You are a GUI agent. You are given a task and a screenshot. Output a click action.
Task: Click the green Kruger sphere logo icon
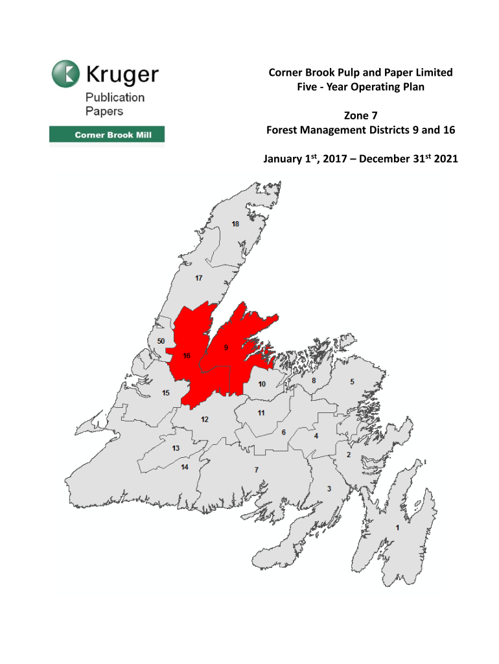(65, 73)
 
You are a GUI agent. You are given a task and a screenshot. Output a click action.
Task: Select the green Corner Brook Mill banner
(107, 136)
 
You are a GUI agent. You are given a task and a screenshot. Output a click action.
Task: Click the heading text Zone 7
(360, 116)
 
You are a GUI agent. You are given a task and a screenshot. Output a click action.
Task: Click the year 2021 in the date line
(445, 158)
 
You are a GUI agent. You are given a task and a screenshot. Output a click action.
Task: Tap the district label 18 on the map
(235, 224)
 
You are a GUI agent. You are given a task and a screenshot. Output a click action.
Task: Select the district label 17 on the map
(200, 278)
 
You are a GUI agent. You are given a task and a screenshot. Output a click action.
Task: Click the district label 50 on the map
(161, 341)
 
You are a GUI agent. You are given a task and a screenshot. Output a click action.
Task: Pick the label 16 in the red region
(187, 356)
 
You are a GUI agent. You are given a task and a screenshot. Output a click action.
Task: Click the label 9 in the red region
(226, 348)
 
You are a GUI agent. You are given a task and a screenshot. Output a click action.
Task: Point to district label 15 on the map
(166, 393)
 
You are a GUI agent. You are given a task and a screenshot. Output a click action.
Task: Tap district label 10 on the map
(262, 384)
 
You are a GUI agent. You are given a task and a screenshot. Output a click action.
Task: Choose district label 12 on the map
(204, 420)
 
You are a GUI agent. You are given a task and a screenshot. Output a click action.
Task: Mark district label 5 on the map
(353, 382)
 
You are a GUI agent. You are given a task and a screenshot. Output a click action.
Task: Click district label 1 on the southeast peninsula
(397, 528)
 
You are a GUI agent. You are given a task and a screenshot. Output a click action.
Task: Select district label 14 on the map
(185, 468)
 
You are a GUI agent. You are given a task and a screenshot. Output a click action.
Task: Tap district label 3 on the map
(329, 488)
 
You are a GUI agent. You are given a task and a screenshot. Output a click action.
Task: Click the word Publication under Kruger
(115, 97)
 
